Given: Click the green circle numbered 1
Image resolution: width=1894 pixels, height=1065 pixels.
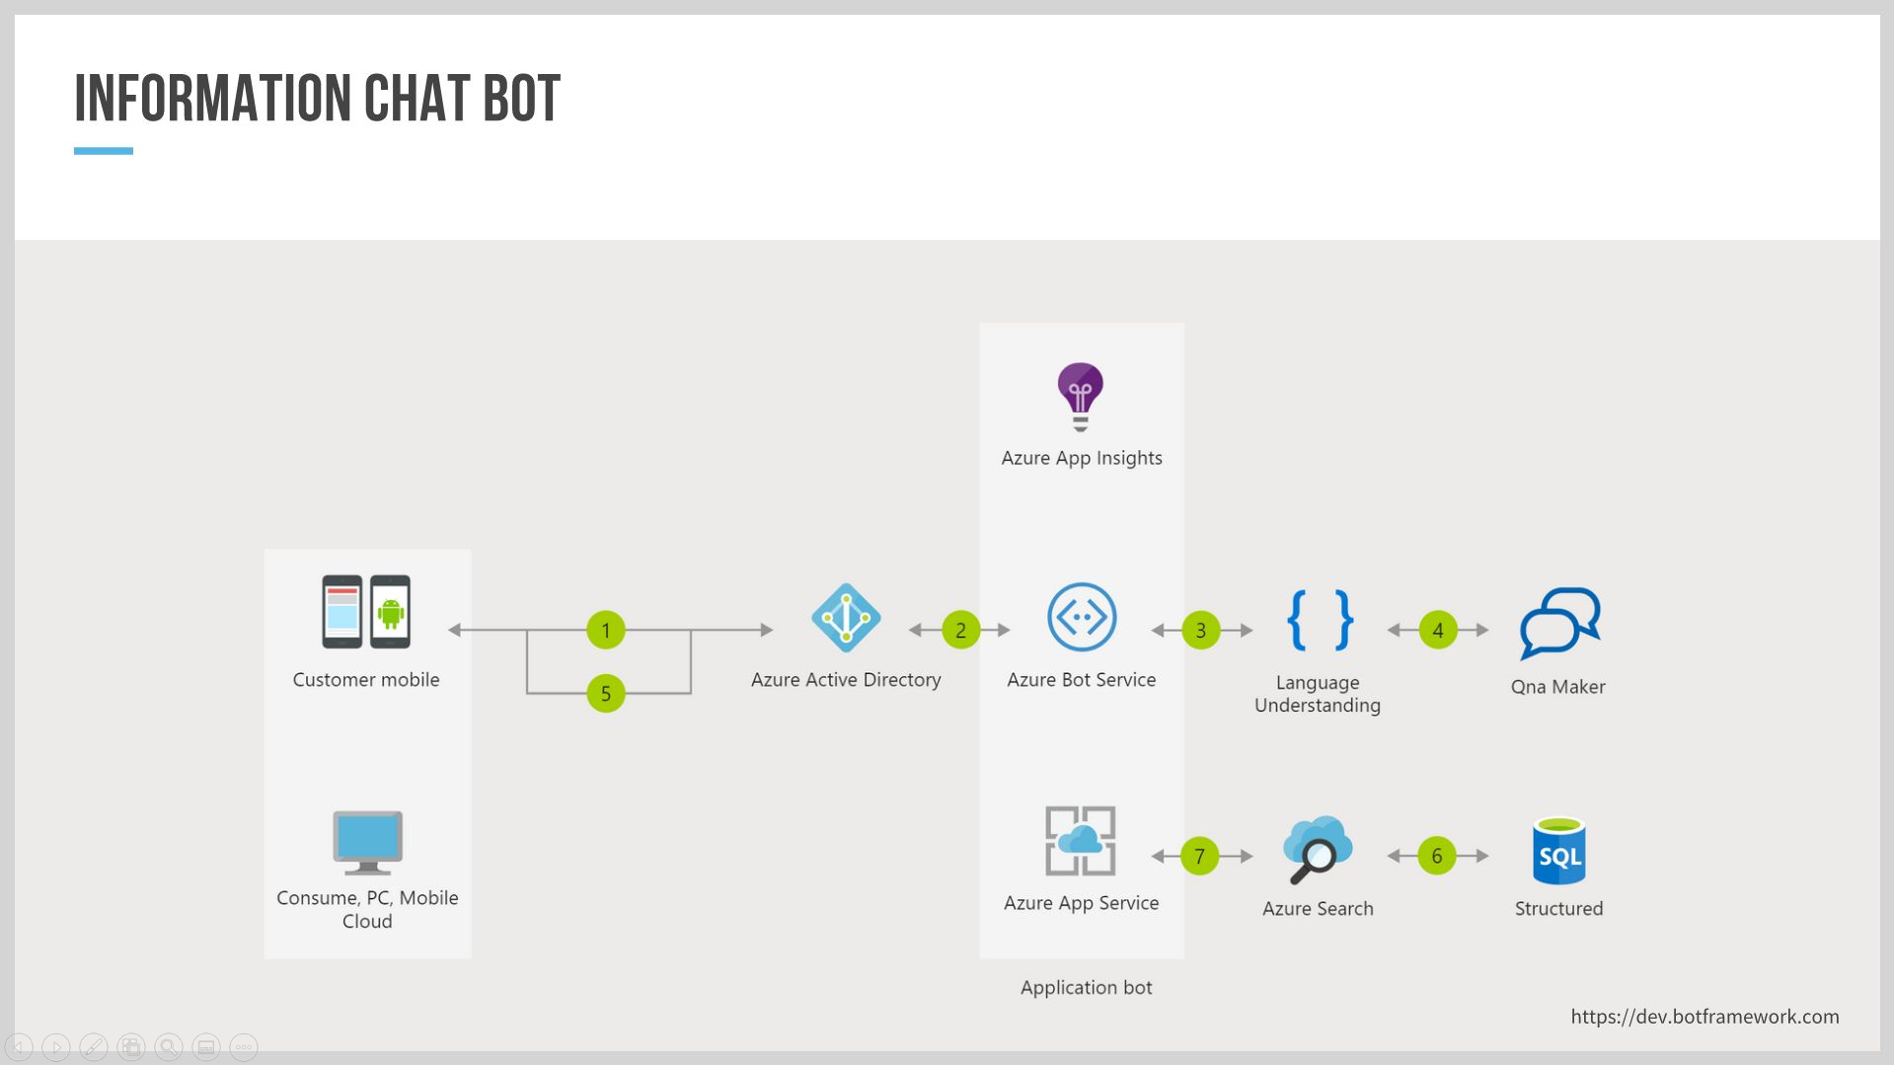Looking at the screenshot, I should (606, 630).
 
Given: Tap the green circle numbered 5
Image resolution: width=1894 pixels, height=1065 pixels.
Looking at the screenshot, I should (606, 693).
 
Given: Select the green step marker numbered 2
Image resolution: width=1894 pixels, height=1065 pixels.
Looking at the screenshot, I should (960, 630).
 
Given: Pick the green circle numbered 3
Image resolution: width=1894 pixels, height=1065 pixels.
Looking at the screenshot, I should (1200, 630).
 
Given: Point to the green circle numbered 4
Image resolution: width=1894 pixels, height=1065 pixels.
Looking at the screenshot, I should (1437, 630).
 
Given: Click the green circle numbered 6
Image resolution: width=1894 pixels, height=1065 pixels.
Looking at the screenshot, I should (1436, 856).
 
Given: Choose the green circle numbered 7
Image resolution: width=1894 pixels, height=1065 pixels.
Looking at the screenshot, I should (1199, 856).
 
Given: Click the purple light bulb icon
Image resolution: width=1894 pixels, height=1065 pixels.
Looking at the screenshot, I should (1081, 395).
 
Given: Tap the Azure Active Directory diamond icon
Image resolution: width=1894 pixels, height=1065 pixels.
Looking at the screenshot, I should (846, 618).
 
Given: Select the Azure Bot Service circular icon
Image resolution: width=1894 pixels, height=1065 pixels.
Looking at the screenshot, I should (1082, 617).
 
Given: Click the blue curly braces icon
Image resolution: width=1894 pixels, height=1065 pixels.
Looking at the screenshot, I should (1320, 620).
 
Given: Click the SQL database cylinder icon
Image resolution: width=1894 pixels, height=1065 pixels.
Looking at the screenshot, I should (1558, 852).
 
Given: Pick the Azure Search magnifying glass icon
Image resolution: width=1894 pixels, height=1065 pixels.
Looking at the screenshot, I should (1317, 850).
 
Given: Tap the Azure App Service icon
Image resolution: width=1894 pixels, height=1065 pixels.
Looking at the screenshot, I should (1081, 841).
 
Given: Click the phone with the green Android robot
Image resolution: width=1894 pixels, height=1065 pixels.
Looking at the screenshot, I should (391, 612).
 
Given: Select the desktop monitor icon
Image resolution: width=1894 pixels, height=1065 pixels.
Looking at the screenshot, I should (367, 842).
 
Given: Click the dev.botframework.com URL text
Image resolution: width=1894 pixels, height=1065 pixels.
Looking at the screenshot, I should (1705, 1017).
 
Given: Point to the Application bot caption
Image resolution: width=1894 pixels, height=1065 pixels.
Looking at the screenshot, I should (1086, 987).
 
